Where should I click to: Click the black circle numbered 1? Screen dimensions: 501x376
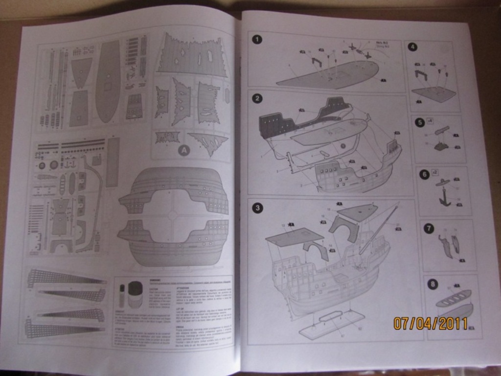click(257, 40)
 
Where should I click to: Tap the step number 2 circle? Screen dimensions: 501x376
click(257, 98)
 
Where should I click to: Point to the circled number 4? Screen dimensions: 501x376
click(413, 47)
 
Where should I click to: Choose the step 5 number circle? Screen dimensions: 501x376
click(420, 122)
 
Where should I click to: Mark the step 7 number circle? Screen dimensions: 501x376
click(429, 228)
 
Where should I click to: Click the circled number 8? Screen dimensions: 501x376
click(433, 283)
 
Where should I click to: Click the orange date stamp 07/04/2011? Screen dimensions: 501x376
click(431, 323)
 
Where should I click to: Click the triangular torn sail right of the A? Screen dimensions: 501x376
click(209, 142)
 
